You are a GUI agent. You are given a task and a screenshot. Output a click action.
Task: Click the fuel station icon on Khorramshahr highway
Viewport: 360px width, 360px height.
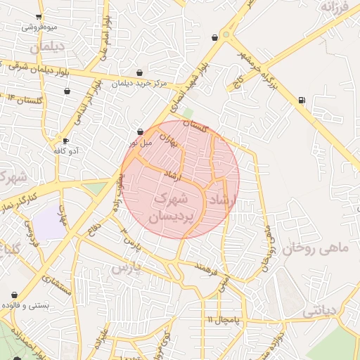302,100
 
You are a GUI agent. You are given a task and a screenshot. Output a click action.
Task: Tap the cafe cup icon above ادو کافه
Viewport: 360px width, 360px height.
65,141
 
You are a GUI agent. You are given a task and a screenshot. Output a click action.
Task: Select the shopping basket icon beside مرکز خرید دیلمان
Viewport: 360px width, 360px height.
139,72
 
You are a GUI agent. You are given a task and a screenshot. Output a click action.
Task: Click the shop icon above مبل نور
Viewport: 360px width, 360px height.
140,131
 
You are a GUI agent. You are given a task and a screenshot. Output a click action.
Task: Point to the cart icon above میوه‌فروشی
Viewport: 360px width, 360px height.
38,16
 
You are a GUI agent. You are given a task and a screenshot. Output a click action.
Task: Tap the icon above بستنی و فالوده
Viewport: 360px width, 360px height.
15,295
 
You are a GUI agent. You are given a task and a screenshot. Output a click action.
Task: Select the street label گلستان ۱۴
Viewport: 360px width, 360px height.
25,98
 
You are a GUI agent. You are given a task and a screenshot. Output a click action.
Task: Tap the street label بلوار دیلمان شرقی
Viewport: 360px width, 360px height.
42,68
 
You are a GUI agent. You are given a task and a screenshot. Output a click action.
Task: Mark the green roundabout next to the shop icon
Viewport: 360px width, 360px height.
226,34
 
